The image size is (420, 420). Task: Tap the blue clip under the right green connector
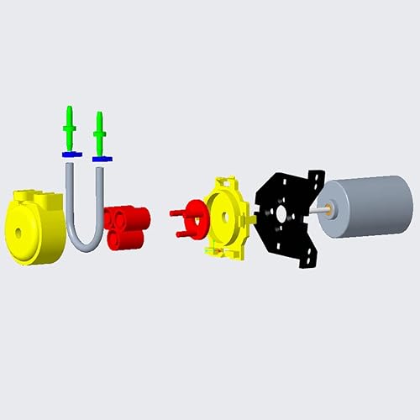click(x=101, y=157)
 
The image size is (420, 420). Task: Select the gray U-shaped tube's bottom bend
click(x=84, y=245)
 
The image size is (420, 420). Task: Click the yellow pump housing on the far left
click(x=32, y=227)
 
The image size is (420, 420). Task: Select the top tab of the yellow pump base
click(x=225, y=181)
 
